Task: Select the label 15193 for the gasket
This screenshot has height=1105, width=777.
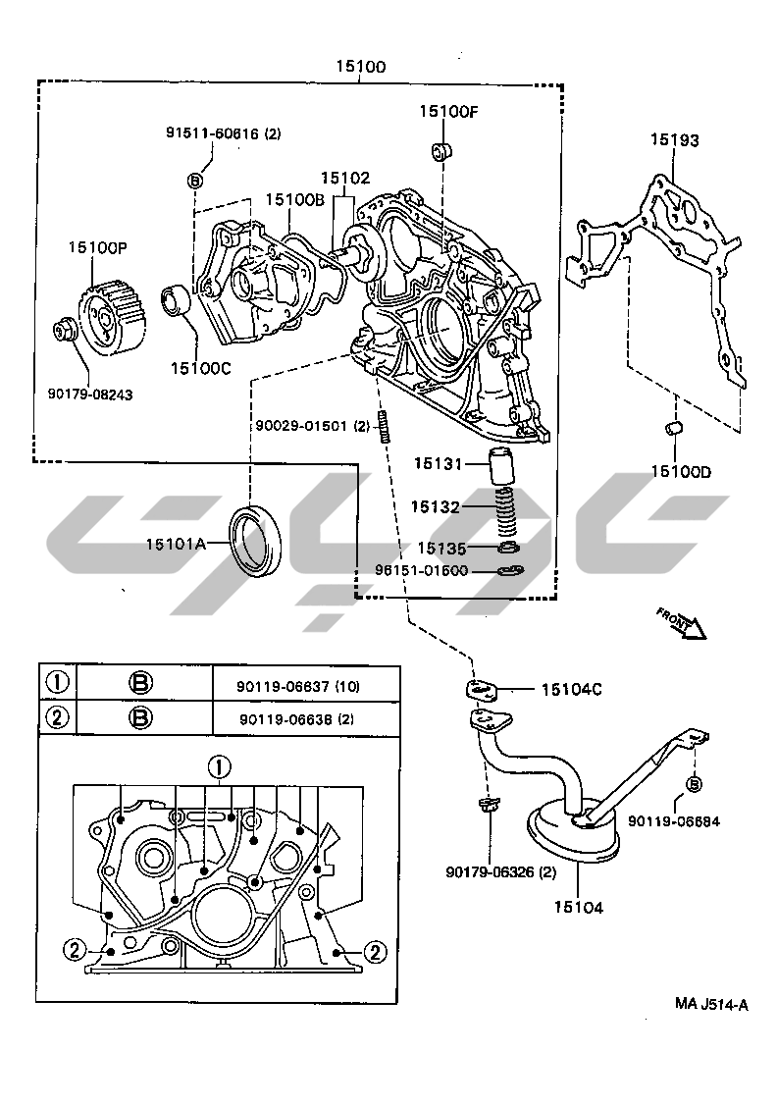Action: coord(674,140)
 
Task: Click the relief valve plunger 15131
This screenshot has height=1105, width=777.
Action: coord(503,465)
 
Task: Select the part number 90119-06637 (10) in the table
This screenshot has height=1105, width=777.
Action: coord(299,686)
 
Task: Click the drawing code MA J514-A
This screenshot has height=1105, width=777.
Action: coord(710,1004)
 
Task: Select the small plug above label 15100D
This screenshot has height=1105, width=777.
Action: coord(674,428)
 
